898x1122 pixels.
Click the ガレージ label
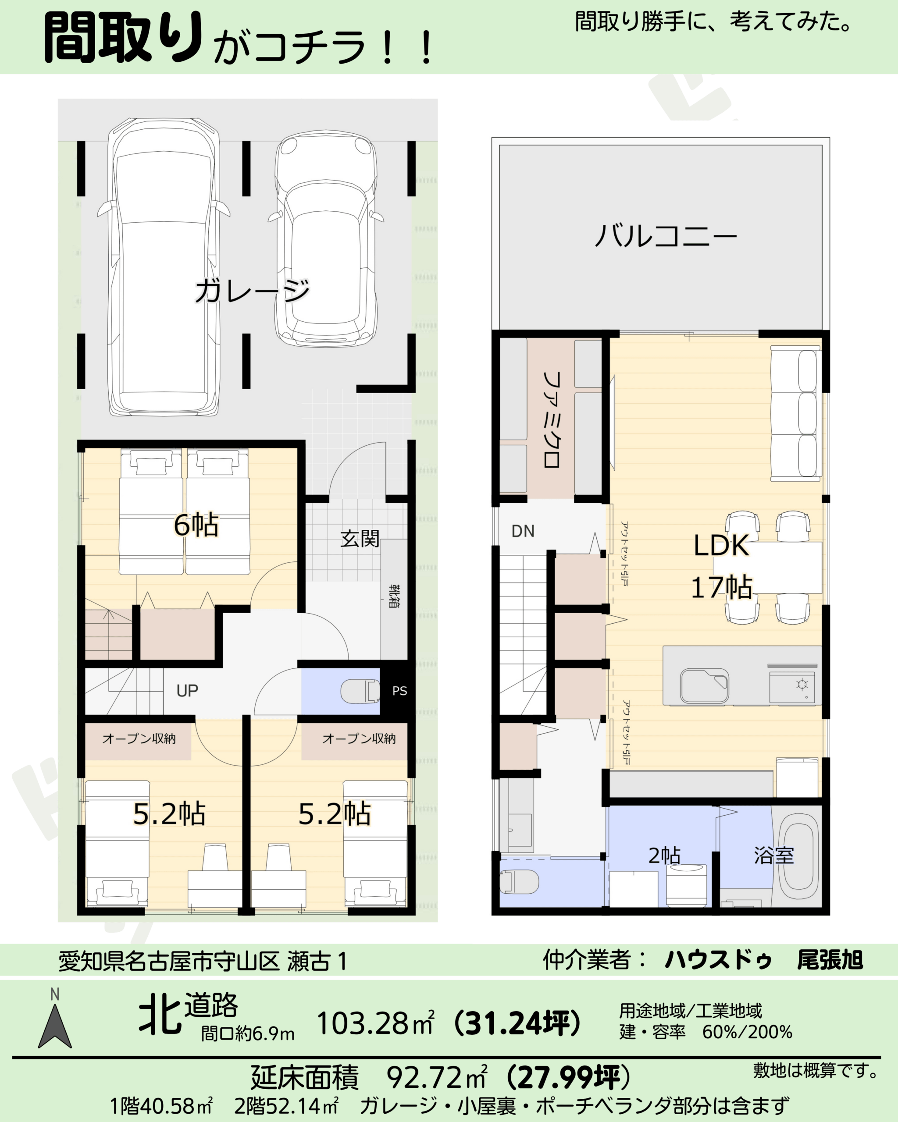(x=253, y=291)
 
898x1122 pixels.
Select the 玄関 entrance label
(x=360, y=539)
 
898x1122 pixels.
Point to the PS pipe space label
(x=400, y=691)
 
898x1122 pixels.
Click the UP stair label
(x=187, y=691)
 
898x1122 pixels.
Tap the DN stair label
(x=523, y=531)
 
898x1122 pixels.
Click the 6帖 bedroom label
(x=196, y=525)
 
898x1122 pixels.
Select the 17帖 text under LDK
(x=722, y=587)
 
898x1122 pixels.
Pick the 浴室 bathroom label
(x=773, y=856)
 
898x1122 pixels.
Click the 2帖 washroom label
(x=664, y=856)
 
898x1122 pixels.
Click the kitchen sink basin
(x=704, y=686)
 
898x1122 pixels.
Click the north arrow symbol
(x=55, y=1025)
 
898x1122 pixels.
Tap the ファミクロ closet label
(x=551, y=419)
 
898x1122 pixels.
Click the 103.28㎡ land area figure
(x=375, y=1023)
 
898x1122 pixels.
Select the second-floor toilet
(x=519, y=881)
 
